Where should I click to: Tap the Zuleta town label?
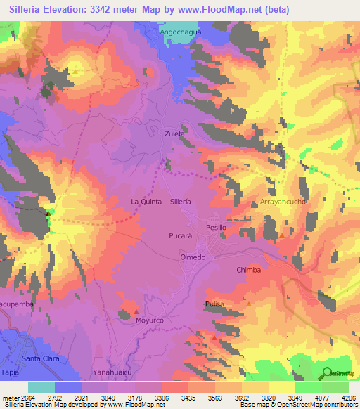[x=174, y=133]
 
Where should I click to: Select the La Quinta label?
[x=146, y=201]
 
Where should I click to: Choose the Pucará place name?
[x=179, y=236]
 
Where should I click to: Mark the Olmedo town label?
[x=193, y=257]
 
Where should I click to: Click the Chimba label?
[x=248, y=269]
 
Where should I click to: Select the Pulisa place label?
[x=214, y=304]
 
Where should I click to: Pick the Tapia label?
[x=10, y=372]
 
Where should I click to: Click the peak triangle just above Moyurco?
[x=136, y=311]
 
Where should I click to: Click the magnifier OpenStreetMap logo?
[x=326, y=373]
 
